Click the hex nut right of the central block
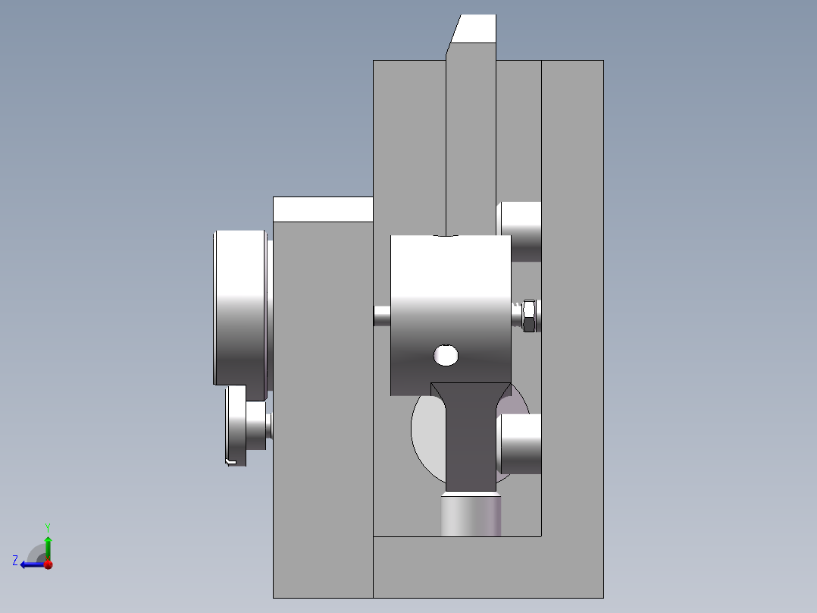(531, 315)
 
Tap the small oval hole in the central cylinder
(446, 354)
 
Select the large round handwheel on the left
(241, 307)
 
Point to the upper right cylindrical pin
(520, 232)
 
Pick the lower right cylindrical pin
(521, 444)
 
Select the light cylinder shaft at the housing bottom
(471, 515)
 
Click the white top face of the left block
(323, 209)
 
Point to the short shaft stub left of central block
(382, 316)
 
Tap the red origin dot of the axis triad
(48, 564)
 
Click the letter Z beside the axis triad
(15, 561)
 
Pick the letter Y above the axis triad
(48, 527)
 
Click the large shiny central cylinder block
(450, 303)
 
